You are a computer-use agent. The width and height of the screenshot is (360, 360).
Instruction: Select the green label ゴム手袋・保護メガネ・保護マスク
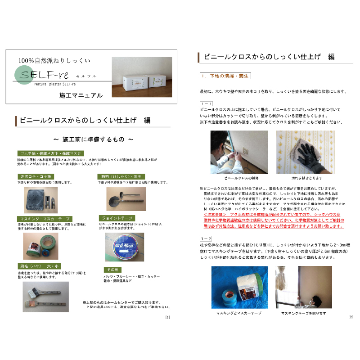pyautogui.click(x=50, y=153)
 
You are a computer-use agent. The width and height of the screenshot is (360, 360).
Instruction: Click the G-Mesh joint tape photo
pyautogui.click(x=124, y=247)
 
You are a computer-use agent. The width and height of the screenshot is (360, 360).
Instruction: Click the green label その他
pyautogui.click(x=107, y=269)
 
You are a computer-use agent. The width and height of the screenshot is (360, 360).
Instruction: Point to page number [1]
pyautogui.click(x=167, y=318)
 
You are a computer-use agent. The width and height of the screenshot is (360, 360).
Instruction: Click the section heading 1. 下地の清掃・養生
pyautogui.click(x=225, y=75)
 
